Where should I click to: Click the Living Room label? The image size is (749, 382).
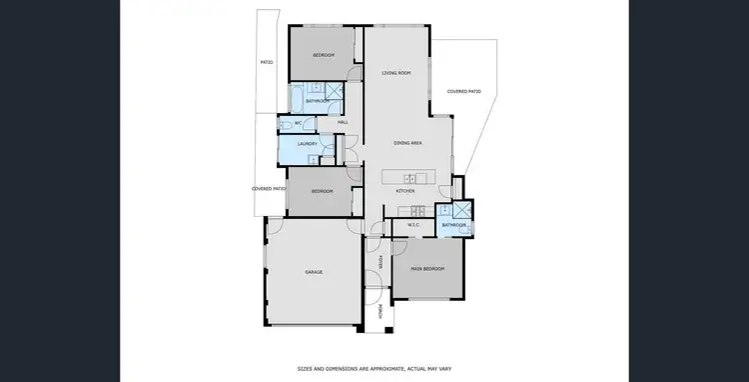pos(396,73)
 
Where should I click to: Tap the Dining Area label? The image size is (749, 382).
pos(408,144)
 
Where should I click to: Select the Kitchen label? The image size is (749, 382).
pos(404,190)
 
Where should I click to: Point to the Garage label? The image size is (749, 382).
pos(314,271)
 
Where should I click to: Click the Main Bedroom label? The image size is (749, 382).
pos(427,268)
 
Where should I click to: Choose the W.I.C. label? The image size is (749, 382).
pos(416,225)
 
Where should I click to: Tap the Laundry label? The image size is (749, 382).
pos(308,144)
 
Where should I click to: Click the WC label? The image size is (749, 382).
pos(298,122)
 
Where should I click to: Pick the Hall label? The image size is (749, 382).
pos(343,122)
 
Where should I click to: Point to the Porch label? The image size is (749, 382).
pos(380,311)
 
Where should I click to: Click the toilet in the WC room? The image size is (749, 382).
pos(286,123)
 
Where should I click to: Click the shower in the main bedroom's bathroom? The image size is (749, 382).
pos(462,211)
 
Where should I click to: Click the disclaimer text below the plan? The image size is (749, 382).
pos(374,368)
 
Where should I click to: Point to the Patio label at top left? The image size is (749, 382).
pos(267,62)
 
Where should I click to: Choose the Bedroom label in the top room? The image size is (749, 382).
pos(323,54)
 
